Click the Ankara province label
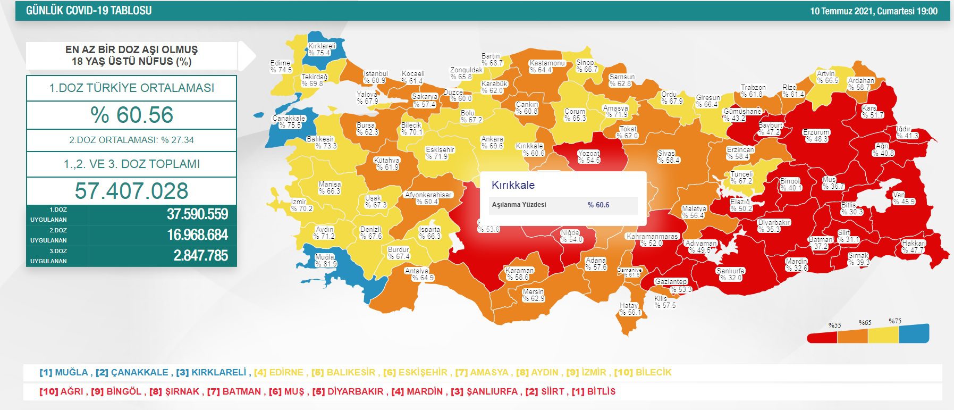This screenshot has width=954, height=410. [492, 143]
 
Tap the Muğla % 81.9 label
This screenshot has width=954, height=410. [325, 260]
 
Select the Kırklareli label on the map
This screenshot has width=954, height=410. [322, 49]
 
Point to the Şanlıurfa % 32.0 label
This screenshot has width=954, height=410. [730, 274]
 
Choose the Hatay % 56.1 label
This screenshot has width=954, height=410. [630, 309]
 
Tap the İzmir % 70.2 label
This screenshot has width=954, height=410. [301, 205]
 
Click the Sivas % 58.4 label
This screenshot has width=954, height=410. [668, 157]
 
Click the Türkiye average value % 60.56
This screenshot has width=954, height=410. [132, 115]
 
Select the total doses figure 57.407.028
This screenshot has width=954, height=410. [132, 191]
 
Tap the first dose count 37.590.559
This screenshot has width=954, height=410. [197, 214]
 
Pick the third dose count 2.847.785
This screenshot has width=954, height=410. [200, 256]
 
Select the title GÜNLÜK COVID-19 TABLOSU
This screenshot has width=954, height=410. [89, 11]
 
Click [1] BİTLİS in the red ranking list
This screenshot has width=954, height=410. [594, 392]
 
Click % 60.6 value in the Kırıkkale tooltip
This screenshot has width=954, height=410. [598, 205]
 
